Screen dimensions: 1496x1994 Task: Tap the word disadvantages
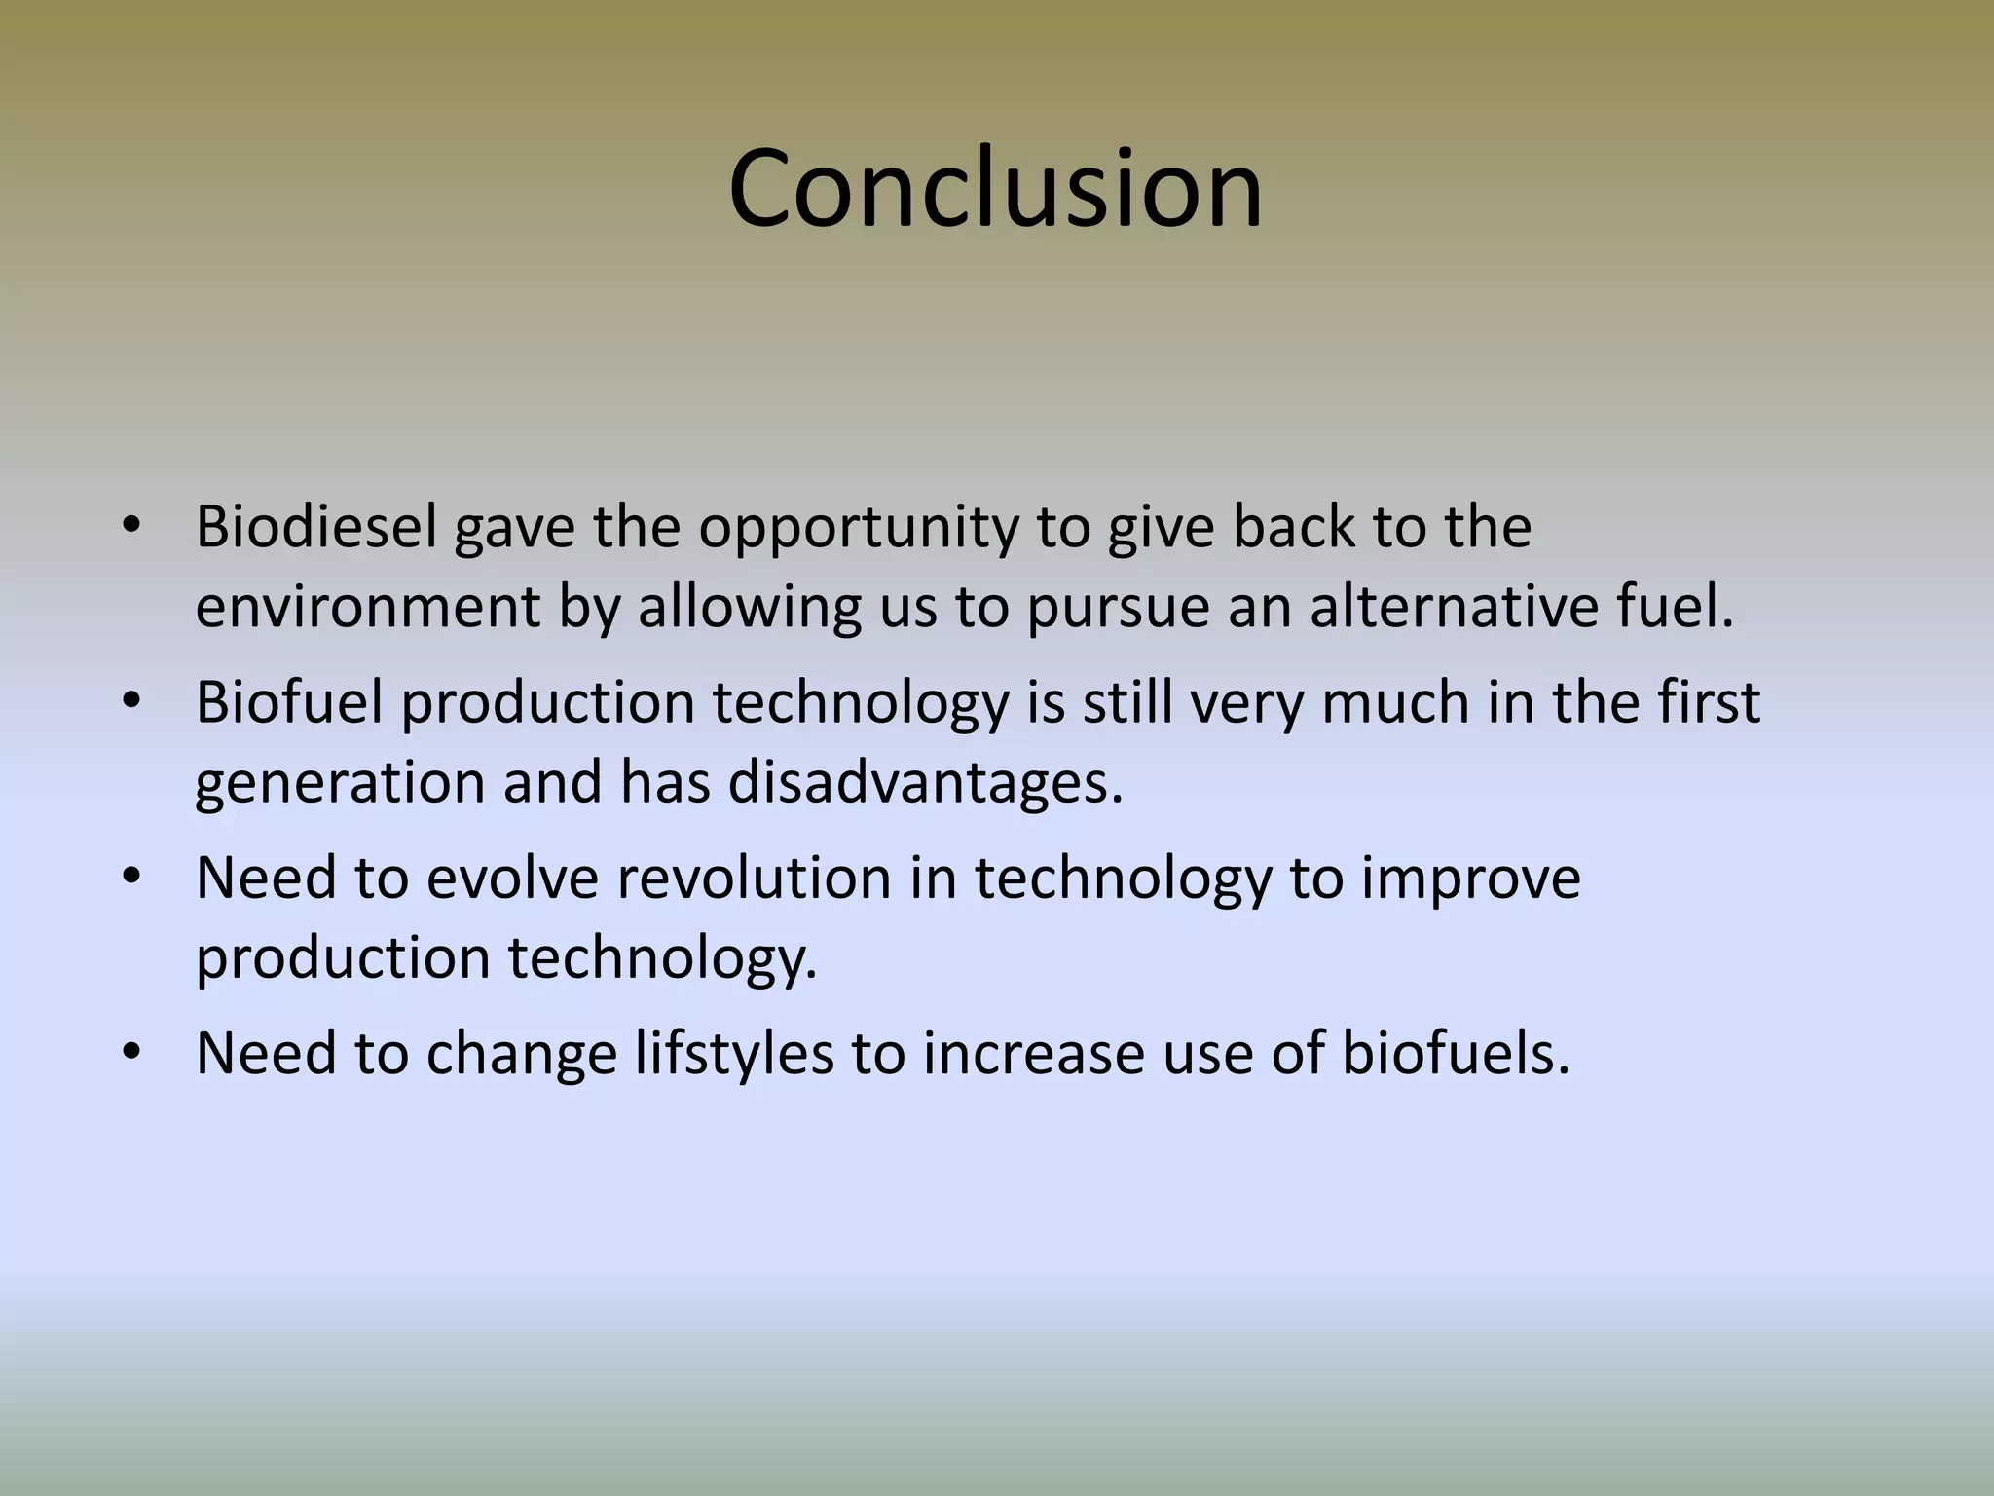925,782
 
